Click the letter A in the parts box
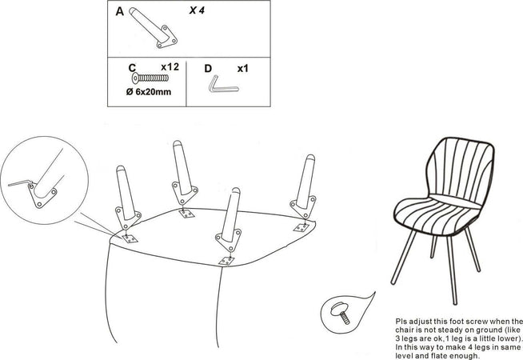tap(119, 11)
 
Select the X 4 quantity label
tap(197, 10)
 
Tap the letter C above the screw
tap(132, 68)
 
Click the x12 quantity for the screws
tap(170, 67)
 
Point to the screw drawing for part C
tap(150, 78)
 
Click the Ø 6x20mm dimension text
tap(149, 92)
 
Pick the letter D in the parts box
tap(208, 68)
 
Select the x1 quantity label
tap(243, 68)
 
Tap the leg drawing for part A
tap(152, 27)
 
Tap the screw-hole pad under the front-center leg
tap(226, 261)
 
